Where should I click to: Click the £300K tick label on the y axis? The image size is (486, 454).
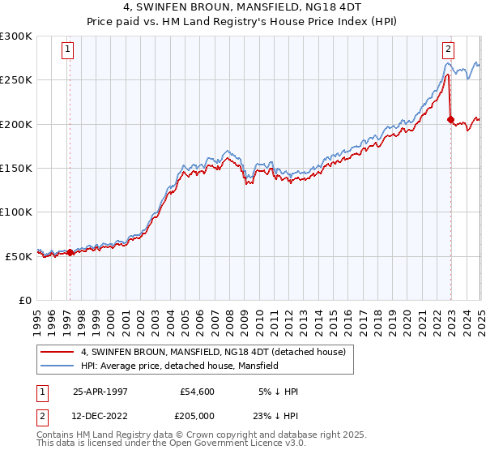click(16, 36)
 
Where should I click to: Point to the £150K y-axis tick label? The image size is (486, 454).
click(16, 168)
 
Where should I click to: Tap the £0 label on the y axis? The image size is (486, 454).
click(25, 300)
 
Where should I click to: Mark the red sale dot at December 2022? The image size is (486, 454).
click(450, 119)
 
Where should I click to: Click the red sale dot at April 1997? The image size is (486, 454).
click(70, 252)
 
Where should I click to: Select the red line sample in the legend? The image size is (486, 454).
click(57, 352)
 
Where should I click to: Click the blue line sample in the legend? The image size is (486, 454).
click(57, 366)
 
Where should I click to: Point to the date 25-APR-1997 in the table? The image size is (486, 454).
click(100, 392)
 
